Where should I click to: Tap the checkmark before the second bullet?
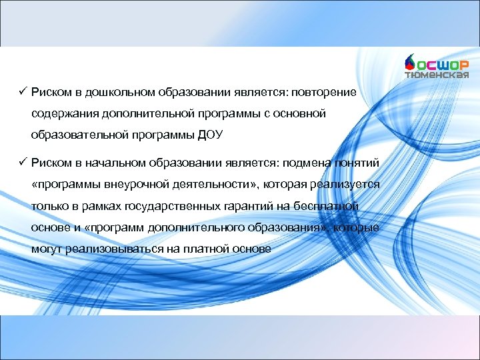tap(23, 162)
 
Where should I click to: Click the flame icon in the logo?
tap(410, 62)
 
